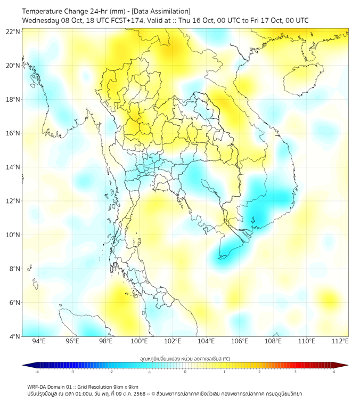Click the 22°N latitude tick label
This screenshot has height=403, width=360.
[x=13, y=31]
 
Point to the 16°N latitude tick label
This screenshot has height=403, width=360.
[x=13, y=133]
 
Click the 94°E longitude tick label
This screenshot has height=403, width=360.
[x=39, y=341]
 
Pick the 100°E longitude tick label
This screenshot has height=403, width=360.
[x=140, y=341]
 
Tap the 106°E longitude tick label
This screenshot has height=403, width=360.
[x=240, y=341]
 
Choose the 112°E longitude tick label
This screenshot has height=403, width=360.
[x=340, y=341]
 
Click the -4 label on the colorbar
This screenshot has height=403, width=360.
[x=36, y=372]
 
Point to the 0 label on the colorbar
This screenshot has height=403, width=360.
[x=185, y=372]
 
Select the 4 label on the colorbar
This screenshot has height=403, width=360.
[x=334, y=372]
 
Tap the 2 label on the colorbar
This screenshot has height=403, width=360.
[x=260, y=372]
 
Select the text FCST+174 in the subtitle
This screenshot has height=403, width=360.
[x=126, y=20]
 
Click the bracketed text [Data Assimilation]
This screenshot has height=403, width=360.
[x=158, y=11]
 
